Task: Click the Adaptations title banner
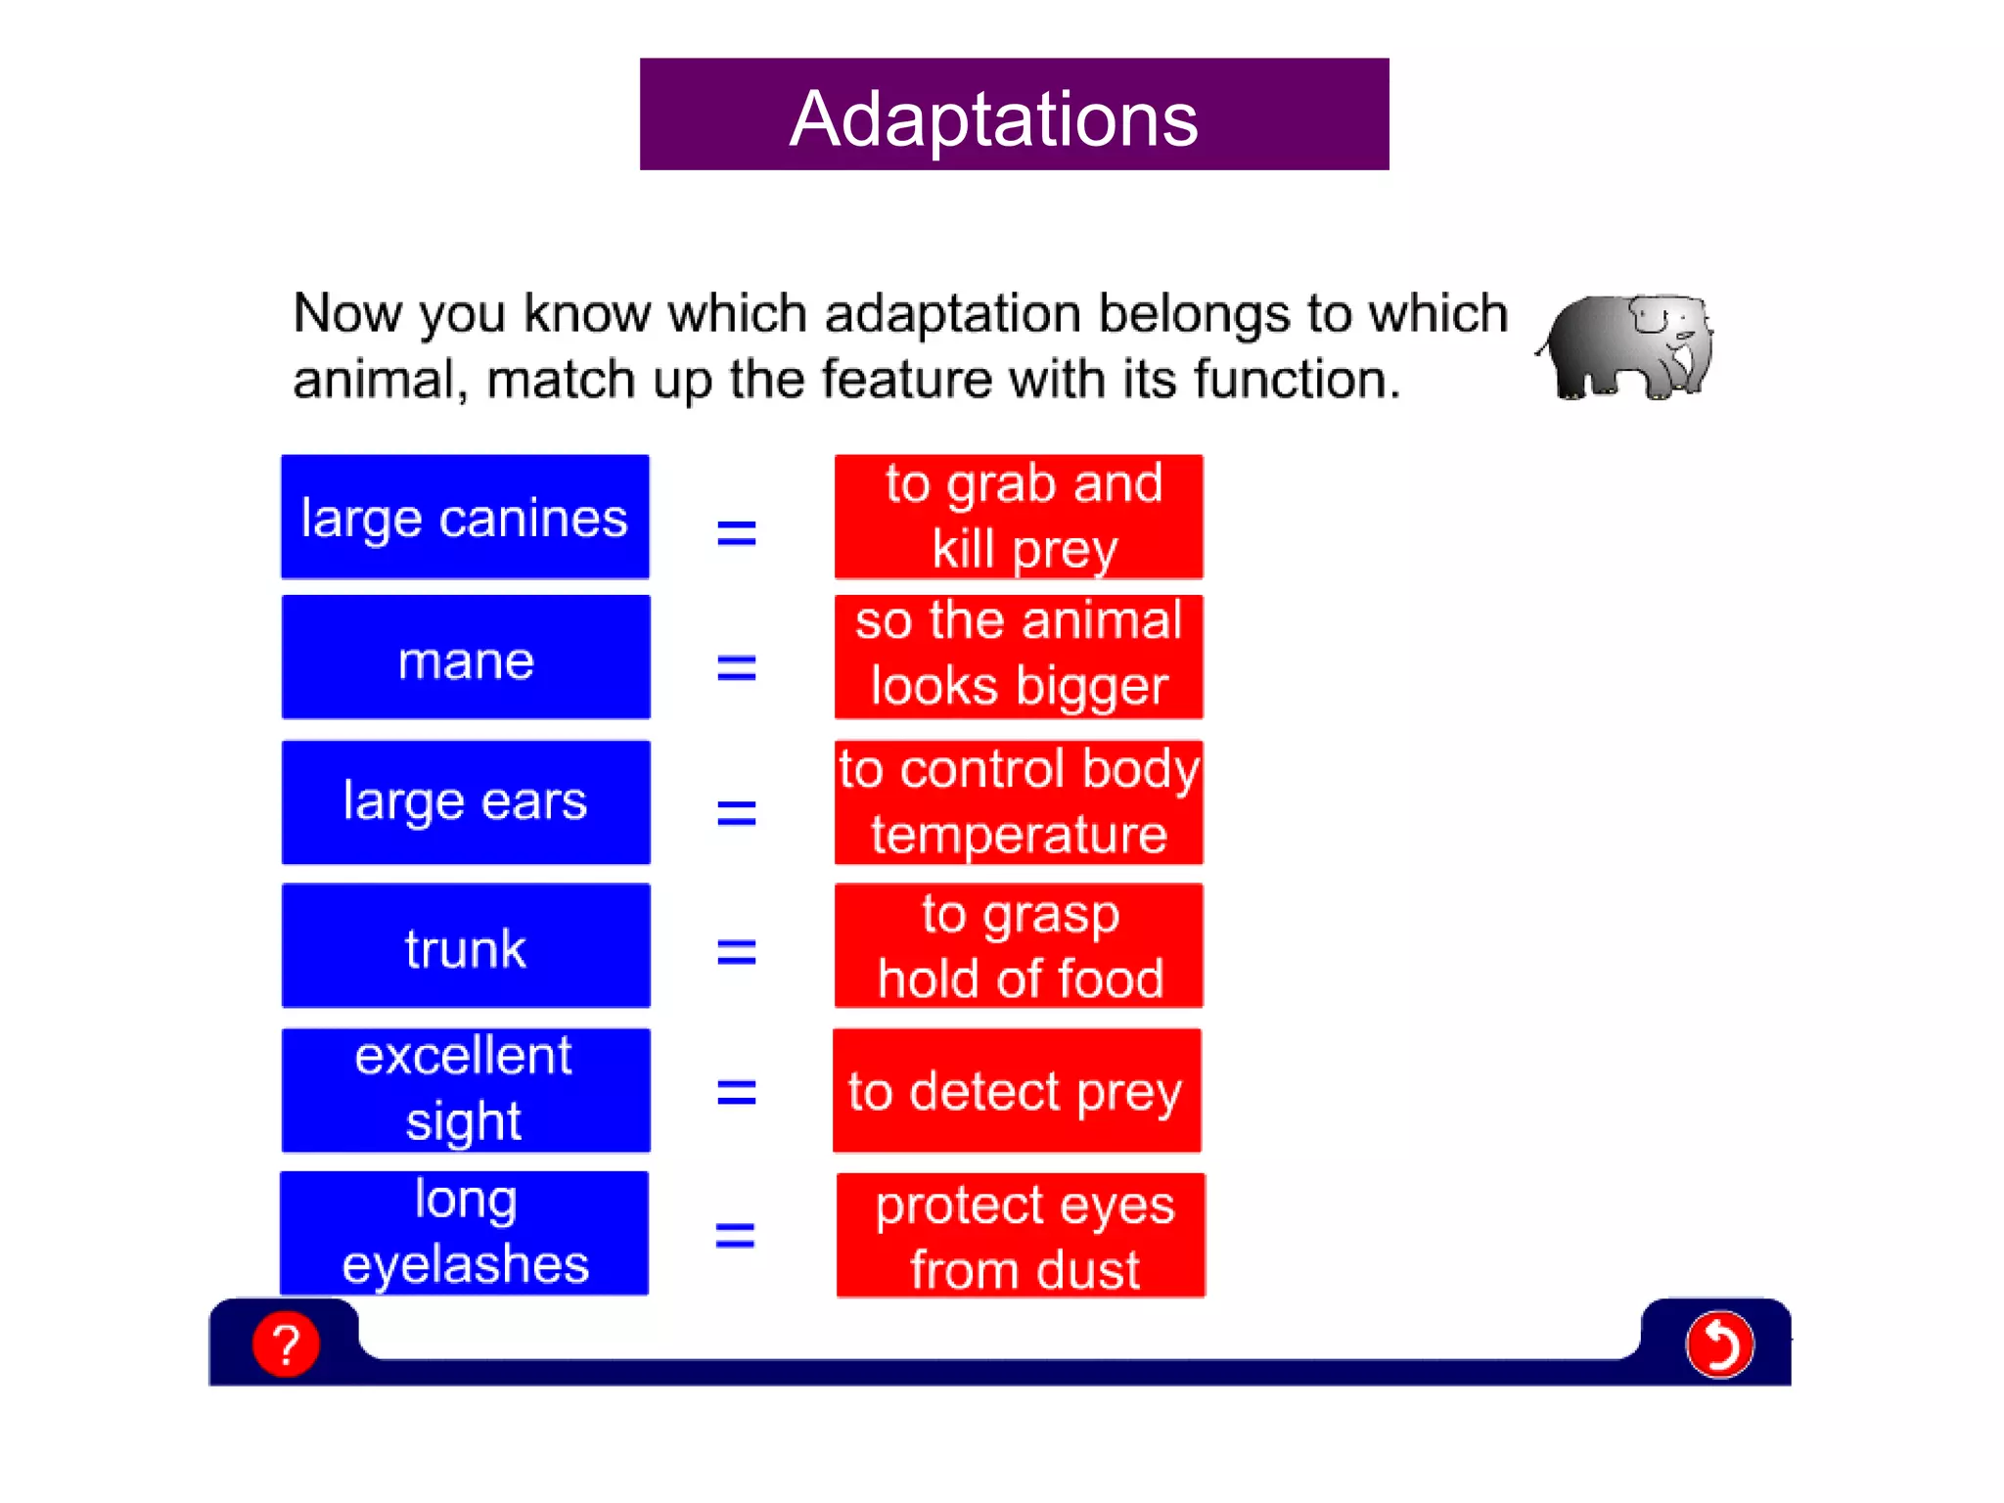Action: (x=1014, y=114)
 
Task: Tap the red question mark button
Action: (x=286, y=1344)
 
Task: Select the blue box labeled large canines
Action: (x=465, y=517)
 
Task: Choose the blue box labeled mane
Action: (x=466, y=658)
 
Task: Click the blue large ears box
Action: (x=466, y=802)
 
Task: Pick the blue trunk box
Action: (x=466, y=946)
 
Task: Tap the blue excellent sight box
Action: (x=466, y=1090)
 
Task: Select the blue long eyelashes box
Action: (x=465, y=1233)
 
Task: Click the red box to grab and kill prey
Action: (x=1019, y=517)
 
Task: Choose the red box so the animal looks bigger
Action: (x=1019, y=658)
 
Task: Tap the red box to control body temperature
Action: (x=1019, y=802)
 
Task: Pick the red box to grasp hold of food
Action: (x=1019, y=946)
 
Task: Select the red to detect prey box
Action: (x=1017, y=1090)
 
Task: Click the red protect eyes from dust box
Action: (x=1021, y=1235)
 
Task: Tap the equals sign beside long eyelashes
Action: (x=735, y=1236)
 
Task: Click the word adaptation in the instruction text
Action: (x=951, y=315)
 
